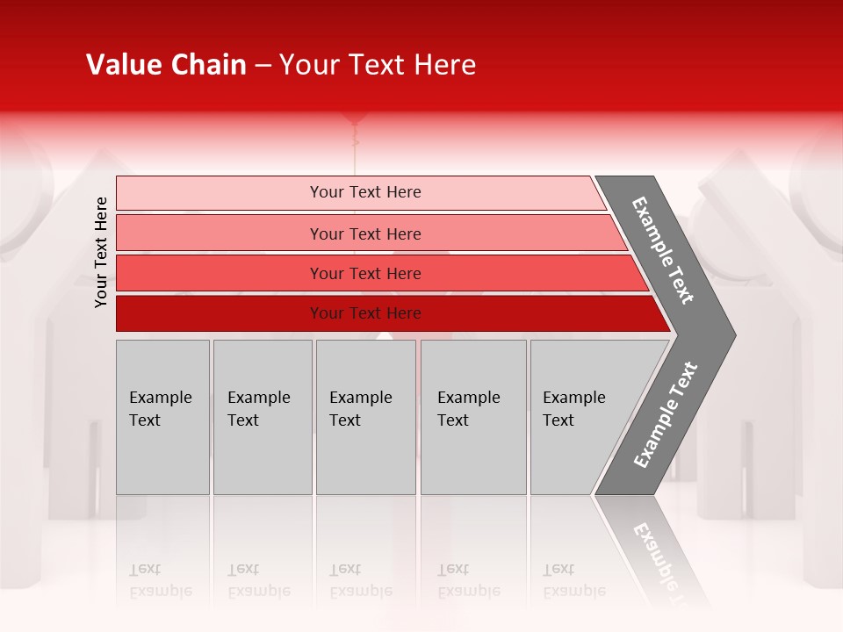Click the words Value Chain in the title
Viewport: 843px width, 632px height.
(166, 65)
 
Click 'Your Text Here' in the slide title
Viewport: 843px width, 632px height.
(378, 65)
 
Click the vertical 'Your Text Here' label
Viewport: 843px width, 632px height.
(101, 253)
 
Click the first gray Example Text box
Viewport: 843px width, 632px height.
(162, 417)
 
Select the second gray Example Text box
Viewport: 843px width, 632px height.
(262, 417)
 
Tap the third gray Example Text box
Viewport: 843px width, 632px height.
(365, 417)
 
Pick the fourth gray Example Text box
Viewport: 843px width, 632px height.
(473, 417)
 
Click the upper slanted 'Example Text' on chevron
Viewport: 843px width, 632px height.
(663, 250)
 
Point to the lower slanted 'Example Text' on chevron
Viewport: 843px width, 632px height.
(665, 415)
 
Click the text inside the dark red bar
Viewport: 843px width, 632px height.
(365, 313)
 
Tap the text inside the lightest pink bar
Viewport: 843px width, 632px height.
(365, 192)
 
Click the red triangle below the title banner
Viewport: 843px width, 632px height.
(355, 118)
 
